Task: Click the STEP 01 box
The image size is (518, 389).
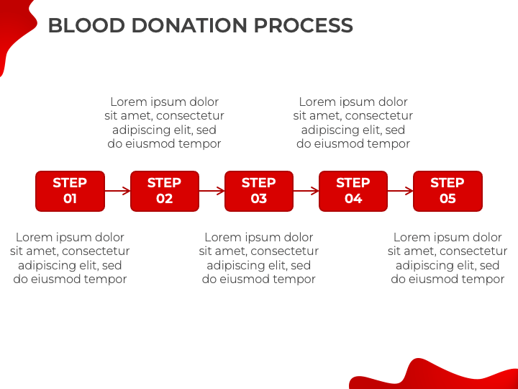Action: pyautogui.click(x=70, y=191)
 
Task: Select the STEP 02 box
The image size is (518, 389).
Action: pyautogui.click(x=165, y=191)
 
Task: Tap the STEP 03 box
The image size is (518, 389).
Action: pyautogui.click(x=259, y=191)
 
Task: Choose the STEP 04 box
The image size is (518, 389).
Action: pyautogui.click(x=353, y=191)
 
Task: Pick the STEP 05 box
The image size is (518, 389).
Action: pyautogui.click(x=447, y=191)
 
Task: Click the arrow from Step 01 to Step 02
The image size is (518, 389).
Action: pyautogui.click(x=117, y=191)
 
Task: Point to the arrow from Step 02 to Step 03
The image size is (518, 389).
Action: pyautogui.click(x=212, y=191)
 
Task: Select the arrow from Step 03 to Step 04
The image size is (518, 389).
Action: pyautogui.click(x=306, y=191)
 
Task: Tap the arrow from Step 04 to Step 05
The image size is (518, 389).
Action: pyautogui.click(x=401, y=191)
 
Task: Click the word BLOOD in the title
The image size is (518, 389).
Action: pyautogui.click(x=86, y=25)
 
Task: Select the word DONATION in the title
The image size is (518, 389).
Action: pyautogui.click(x=189, y=25)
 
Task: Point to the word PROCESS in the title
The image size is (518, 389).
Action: pyautogui.click(x=304, y=25)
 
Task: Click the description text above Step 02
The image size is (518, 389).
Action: pyautogui.click(x=164, y=122)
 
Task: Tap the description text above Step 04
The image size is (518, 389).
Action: pyautogui.click(x=353, y=122)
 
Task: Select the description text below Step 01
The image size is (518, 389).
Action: pyautogui.click(x=70, y=259)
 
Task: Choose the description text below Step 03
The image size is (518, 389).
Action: pyautogui.click(x=259, y=259)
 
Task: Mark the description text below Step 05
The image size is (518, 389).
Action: pyautogui.click(x=447, y=259)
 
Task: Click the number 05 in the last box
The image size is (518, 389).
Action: pyautogui.click(x=447, y=199)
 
